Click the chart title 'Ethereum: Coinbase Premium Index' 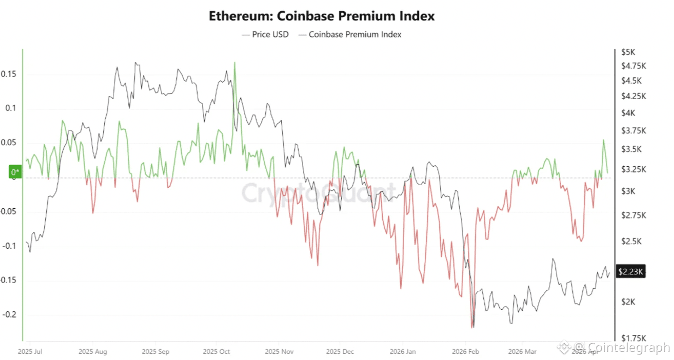coord(322,16)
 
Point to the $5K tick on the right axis coord(628,52)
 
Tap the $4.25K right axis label coord(633,96)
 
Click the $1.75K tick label coord(633,338)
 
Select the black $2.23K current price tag coord(630,272)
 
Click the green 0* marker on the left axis coord(15,172)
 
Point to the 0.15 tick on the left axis coord(8,74)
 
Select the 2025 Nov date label coord(280,352)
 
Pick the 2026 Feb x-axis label coord(465,352)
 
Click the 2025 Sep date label coord(155,352)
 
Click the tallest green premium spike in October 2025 coord(234,63)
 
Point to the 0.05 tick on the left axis coord(8,143)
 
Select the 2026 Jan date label coord(403,352)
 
